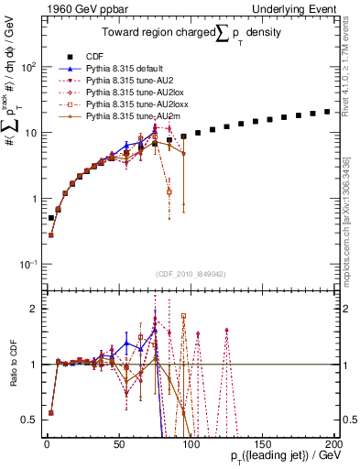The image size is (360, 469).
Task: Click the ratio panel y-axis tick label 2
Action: pos(35,309)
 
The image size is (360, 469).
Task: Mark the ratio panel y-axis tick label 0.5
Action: pos(31,420)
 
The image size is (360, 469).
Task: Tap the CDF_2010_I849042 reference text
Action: pos(190,273)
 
